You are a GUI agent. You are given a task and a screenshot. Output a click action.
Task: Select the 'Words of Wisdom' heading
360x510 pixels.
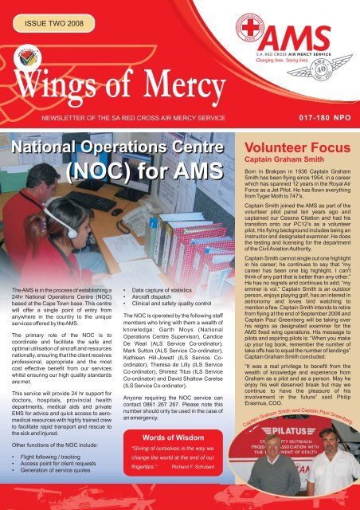166,437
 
